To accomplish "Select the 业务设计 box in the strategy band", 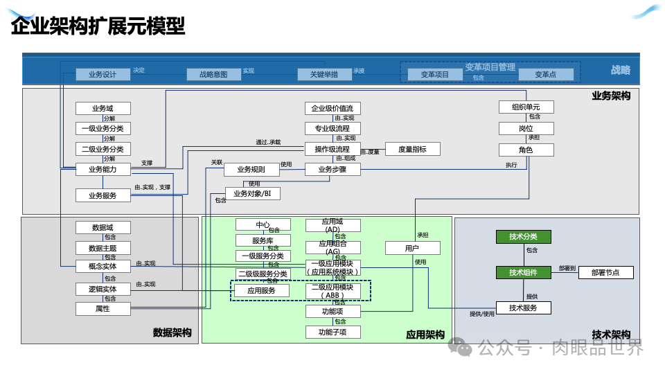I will (x=103, y=74).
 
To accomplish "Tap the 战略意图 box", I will (x=213, y=74).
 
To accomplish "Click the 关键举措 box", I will (x=324, y=74).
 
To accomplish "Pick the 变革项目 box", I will (x=435, y=74).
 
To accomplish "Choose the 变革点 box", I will (x=546, y=74).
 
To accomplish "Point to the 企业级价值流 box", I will (x=332, y=108).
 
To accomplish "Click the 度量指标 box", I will (x=412, y=149).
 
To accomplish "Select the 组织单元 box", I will (x=526, y=107).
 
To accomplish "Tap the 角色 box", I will (x=526, y=150).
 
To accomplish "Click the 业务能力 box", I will (x=103, y=169).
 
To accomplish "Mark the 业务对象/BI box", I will (x=252, y=193).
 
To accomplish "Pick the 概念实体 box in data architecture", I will (x=103, y=266).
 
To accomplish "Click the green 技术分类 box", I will (x=523, y=236).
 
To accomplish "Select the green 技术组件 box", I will (x=523, y=272).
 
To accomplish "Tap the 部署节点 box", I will (x=605, y=272).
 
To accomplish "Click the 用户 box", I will (x=412, y=248).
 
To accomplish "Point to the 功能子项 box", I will (x=332, y=332).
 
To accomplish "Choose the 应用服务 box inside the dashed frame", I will (x=261, y=290).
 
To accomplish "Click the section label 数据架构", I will (x=172, y=333).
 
